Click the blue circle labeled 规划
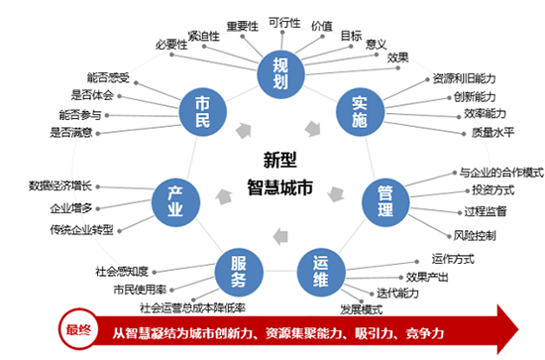click(279, 71)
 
